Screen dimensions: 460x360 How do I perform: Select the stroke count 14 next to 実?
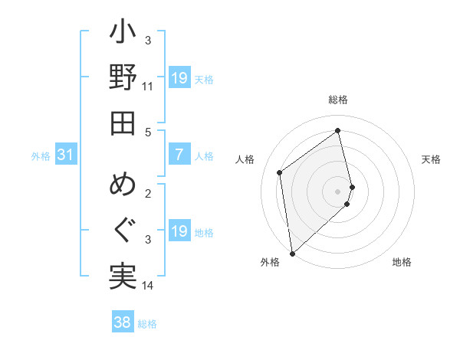148,286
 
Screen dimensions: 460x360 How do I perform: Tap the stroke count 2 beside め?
148,193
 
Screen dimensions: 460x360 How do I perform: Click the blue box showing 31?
66,155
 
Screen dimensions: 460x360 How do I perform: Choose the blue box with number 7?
179,155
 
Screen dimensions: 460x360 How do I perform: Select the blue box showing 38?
123,323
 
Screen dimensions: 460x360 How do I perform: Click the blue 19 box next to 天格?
179,78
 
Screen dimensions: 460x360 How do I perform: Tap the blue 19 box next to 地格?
179,231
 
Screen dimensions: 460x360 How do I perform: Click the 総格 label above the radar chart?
338,100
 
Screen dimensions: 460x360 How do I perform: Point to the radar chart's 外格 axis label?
270,262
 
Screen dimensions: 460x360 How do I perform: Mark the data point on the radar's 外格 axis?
292,253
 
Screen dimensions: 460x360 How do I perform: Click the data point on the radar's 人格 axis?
280,172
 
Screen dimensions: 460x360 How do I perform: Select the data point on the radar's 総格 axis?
338,131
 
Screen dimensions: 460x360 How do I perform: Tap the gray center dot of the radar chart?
338,190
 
